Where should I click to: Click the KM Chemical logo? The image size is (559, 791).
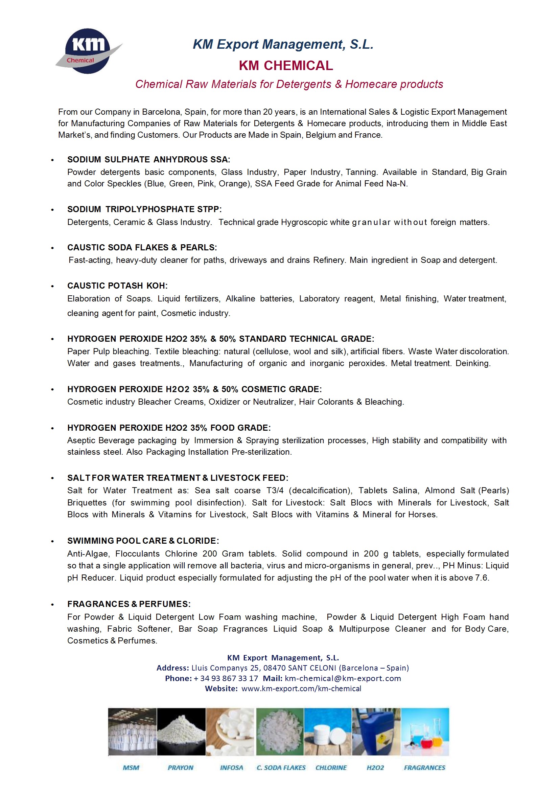pos(88,51)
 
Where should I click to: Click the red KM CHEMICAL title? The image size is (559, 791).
pos(286,65)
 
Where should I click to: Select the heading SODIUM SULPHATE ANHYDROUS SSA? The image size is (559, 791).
pos(148,159)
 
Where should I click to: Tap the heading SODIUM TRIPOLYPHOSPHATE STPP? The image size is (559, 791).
pos(144,209)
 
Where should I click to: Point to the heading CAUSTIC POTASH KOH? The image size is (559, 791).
pos(117,286)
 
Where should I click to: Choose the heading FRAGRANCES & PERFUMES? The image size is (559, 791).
pos(129,604)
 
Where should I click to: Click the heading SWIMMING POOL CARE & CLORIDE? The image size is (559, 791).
pos(143,541)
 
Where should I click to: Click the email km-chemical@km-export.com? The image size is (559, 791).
pos(343,678)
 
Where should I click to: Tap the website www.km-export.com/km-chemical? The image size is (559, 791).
pos(301,688)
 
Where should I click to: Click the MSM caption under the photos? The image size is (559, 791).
pos(131,768)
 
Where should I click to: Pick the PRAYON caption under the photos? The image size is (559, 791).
pos(181,768)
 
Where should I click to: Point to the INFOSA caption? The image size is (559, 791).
pos(231,768)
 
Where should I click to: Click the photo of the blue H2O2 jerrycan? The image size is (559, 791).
pos(376,731)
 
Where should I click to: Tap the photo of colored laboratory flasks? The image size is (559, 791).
pos(425,731)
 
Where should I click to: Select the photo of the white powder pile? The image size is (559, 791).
pos(181,731)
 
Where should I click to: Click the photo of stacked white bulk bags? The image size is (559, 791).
pos(132,731)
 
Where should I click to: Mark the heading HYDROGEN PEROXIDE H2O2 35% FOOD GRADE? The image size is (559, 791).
pos(169,428)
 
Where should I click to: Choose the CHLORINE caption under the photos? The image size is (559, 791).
pos(331,768)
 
